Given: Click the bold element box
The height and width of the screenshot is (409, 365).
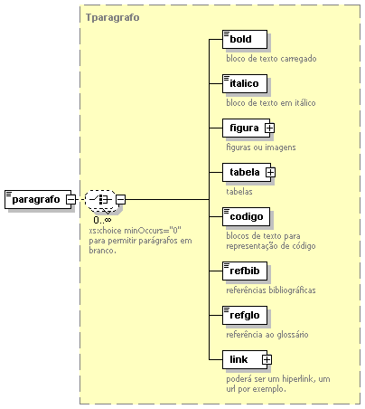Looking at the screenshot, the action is [245, 39].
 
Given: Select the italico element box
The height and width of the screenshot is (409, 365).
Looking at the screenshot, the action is [245, 83].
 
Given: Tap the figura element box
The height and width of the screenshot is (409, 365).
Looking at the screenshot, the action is [246, 128].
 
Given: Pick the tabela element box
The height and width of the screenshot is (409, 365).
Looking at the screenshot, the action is [247, 172].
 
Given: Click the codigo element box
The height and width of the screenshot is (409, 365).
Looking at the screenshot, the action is [246, 216].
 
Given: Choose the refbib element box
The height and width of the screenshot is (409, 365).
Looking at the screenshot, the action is [245, 271].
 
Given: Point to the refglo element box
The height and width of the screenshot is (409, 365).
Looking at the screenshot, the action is [245, 315].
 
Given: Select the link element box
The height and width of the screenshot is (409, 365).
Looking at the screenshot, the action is [245, 359].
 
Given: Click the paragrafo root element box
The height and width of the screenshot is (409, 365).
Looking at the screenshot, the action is [38, 199].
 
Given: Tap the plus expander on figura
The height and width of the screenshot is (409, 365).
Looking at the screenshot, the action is [269, 128].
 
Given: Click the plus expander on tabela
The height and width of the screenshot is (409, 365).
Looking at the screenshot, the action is [270, 172].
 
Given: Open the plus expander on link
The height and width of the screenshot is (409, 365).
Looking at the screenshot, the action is [267, 359].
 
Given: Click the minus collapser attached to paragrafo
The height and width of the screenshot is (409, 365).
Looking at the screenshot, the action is [71, 199].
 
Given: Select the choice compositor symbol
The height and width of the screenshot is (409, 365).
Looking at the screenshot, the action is [100, 200].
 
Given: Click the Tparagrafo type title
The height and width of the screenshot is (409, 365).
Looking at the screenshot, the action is [113, 17].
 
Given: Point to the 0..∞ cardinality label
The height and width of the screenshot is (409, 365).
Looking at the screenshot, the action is [102, 220].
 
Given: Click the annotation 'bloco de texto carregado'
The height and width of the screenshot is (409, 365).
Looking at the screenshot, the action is [271, 59].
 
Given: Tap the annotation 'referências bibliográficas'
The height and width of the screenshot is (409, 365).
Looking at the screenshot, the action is [271, 290].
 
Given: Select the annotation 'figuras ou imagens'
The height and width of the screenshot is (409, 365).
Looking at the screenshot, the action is [261, 147].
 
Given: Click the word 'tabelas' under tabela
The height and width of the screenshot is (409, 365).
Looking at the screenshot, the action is [239, 192].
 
